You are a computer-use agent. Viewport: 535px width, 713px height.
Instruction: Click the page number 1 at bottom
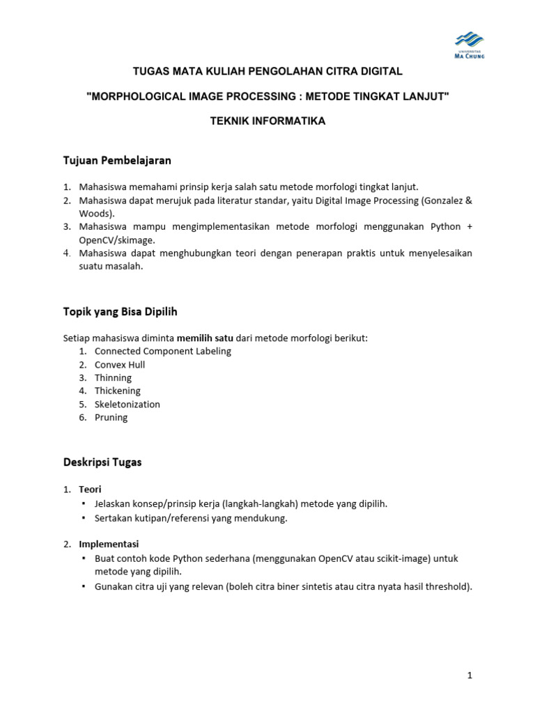(470, 675)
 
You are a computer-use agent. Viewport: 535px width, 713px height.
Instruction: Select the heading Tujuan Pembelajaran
(117, 161)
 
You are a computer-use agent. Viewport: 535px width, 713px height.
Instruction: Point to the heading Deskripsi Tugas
(102, 462)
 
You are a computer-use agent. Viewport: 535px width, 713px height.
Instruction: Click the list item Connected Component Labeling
(163, 351)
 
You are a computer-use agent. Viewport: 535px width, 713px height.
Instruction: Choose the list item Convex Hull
(120, 364)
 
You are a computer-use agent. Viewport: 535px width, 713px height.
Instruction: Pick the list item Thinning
(113, 377)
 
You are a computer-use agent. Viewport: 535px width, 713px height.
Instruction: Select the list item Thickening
(118, 391)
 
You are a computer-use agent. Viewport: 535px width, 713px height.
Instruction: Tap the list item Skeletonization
(127, 404)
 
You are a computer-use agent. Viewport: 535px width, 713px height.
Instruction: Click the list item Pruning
(111, 417)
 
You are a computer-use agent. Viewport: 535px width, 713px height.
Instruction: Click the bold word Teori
(90, 489)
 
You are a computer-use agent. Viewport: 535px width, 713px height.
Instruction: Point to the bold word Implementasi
(109, 544)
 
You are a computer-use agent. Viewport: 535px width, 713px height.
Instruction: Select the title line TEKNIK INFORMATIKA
(267, 121)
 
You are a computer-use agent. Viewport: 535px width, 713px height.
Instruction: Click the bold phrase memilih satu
(205, 338)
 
